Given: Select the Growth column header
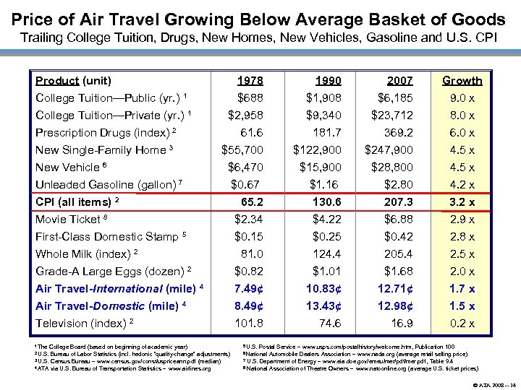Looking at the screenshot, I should pos(462,81).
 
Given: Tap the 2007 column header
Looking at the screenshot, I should pos(400,81).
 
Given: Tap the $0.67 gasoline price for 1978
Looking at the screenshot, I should pos(246,185).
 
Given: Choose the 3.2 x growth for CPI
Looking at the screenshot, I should pos(462,202).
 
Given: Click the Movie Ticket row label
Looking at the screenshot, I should pos(68,220).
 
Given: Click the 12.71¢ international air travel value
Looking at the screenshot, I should pos(395,289).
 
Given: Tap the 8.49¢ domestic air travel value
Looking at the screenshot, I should pos(245,306).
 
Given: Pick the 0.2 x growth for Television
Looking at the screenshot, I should pos(462,324).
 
